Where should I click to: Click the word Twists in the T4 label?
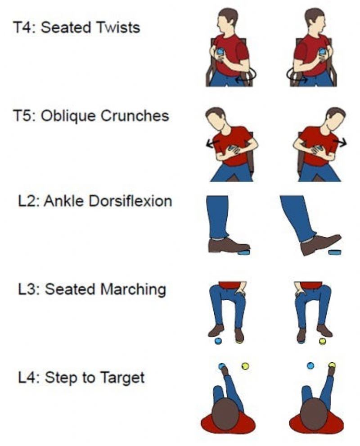118,27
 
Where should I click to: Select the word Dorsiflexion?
130,201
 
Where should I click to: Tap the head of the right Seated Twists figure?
315,21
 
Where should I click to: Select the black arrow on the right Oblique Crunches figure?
340,142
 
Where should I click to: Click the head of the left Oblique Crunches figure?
217,119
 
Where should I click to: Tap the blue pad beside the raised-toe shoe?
335,252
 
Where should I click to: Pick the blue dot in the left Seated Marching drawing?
218,341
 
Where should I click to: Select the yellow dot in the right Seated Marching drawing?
322,341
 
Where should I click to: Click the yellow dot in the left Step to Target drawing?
245,366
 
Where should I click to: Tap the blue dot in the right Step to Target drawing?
310,365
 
